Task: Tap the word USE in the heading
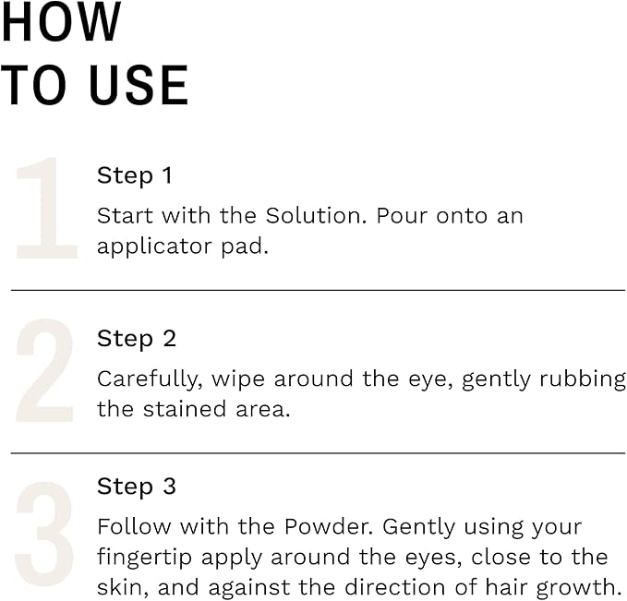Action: pyautogui.click(x=139, y=85)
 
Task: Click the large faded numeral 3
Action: pyautogui.click(x=44, y=535)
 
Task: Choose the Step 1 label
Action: pyautogui.click(x=135, y=175)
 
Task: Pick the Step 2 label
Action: pyautogui.click(x=136, y=339)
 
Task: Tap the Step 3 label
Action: pyautogui.click(x=136, y=487)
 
